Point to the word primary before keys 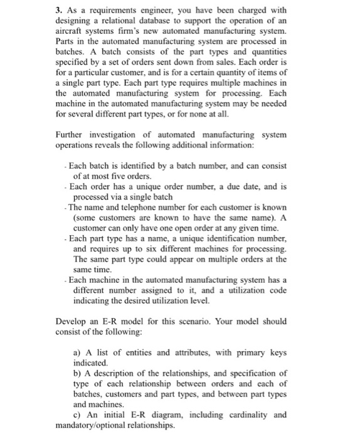[x=246, y=353]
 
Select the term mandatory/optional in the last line [x=93, y=424]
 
